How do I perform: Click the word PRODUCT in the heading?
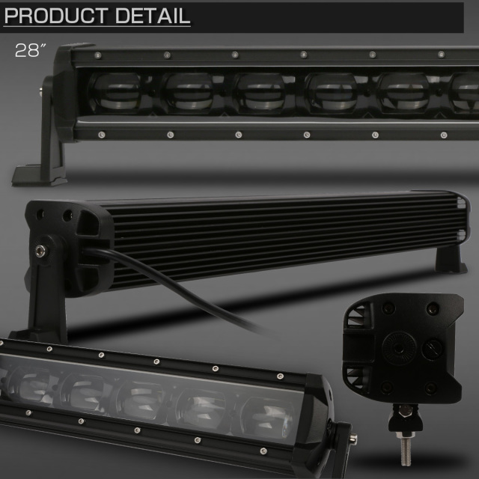(56, 16)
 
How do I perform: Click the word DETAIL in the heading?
(153, 16)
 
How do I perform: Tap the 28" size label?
(30, 50)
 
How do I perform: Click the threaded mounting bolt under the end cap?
(406, 448)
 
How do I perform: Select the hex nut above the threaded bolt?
(406, 411)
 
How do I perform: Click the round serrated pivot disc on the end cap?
(399, 348)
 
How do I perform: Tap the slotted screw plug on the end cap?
(432, 350)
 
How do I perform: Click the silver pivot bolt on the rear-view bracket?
(40, 251)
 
